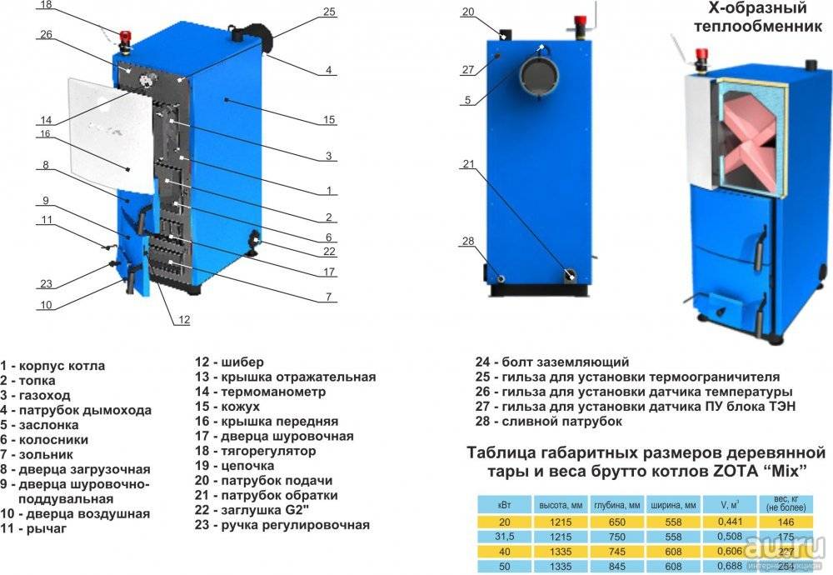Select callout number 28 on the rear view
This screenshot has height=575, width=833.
[x=468, y=242]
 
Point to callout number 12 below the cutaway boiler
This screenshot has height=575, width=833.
[x=183, y=319]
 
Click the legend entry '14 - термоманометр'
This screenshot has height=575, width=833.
[x=261, y=392]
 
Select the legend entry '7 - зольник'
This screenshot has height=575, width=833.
[x=37, y=455]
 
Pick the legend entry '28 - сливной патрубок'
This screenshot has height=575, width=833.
[x=549, y=422]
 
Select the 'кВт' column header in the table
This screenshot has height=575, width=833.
[x=500, y=505]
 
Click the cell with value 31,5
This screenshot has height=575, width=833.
[x=500, y=536]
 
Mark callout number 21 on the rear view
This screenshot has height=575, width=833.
[x=468, y=164]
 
